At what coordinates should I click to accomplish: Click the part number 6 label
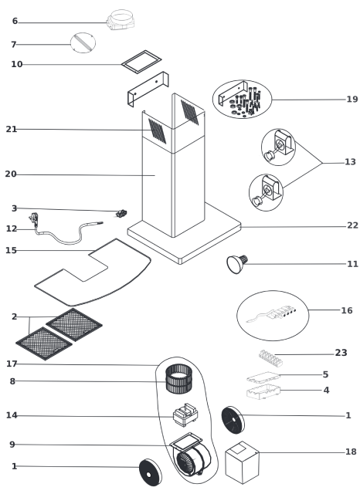coord(15,21)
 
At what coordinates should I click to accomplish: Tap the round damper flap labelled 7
coord(83,43)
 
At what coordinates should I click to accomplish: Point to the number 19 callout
coord(352,100)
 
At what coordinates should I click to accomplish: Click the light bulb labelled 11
coord(237,264)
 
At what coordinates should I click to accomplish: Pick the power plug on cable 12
coord(34,218)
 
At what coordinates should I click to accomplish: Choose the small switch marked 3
coord(121,214)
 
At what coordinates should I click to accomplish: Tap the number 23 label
coord(341,353)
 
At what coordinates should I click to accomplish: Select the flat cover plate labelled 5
coord(263,377)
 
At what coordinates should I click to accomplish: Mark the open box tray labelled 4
coord(263,391)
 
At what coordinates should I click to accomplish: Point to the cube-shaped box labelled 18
coord(242,462)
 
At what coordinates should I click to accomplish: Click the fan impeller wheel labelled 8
coord(178,379)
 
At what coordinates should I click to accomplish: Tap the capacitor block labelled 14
coord(185,415)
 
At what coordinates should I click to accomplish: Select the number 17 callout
coord(12,364)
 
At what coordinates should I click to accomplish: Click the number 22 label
coord(352,225)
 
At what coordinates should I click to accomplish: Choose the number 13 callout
coord(350,161)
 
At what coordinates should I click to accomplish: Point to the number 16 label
coord(347,310)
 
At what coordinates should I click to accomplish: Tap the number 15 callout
coord(11,250)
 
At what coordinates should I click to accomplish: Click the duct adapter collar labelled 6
coord(121,19)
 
